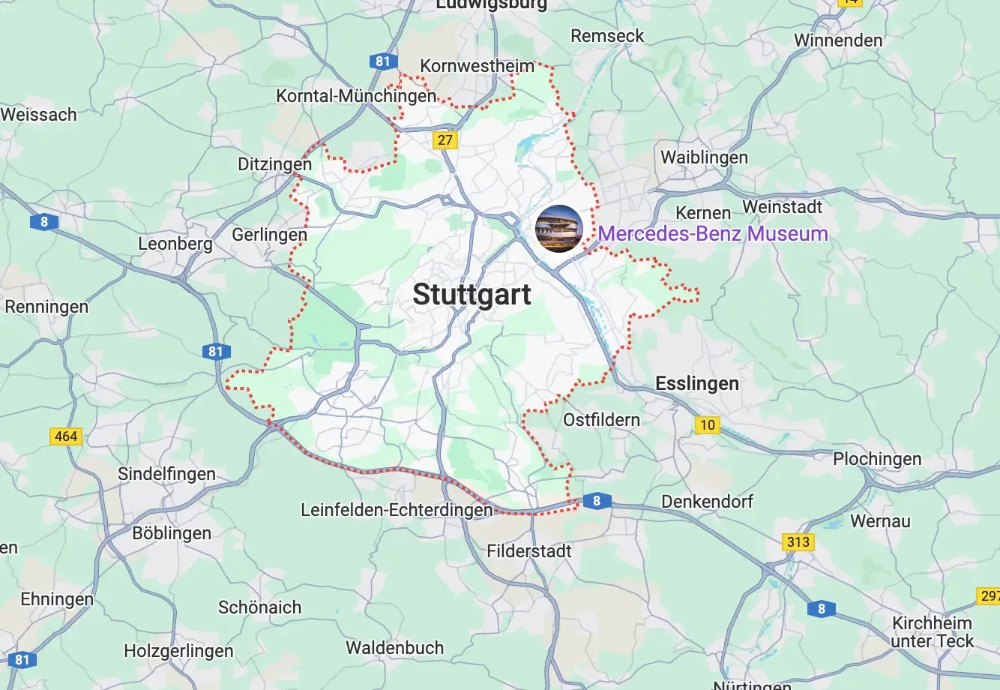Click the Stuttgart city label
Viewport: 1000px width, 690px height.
(472, 295)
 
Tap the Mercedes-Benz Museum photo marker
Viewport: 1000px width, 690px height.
(558, 229)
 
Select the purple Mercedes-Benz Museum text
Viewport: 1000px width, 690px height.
(713, 234)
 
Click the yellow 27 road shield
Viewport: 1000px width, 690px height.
(445, 140)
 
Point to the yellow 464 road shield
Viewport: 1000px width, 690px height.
(66, 436)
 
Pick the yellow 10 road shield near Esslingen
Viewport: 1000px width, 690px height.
(707, 425)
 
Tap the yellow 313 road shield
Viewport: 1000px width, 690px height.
(798, 541)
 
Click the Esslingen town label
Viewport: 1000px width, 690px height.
(697, 384)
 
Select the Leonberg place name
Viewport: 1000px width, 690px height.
(175, 244)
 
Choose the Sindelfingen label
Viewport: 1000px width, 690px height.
(166, 474)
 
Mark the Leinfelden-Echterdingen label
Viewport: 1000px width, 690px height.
(397, 510)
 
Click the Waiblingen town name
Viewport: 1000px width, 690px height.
(704, 157)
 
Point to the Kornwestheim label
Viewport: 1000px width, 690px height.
(477, 66)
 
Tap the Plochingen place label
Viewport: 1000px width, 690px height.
(877, 459)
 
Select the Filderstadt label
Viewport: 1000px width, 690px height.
(529, 551)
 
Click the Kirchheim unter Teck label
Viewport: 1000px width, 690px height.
(933, 632)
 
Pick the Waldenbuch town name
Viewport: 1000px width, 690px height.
(394, 648)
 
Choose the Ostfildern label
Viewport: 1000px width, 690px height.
(601, 420)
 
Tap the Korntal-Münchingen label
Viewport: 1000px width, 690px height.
(356, 96)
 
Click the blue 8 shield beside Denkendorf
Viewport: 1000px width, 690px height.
(597, 501)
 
